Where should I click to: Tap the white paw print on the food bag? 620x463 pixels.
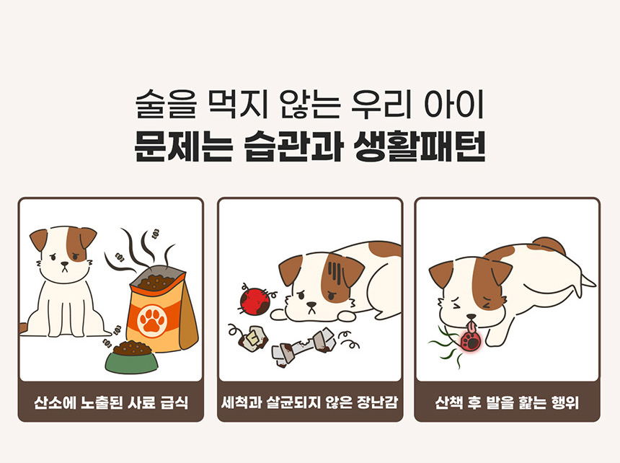point(152,319)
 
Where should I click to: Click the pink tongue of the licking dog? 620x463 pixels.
point(471,327)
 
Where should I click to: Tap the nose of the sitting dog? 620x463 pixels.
point(64,264)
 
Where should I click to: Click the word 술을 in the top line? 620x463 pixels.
point(166,105)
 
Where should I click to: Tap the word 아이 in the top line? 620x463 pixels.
point(454,105)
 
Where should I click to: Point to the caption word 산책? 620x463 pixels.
point(448,402)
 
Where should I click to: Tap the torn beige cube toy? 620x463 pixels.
point(253,339)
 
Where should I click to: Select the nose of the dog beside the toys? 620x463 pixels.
point(311,304)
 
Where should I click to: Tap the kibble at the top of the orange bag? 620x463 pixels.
point(156,281)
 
